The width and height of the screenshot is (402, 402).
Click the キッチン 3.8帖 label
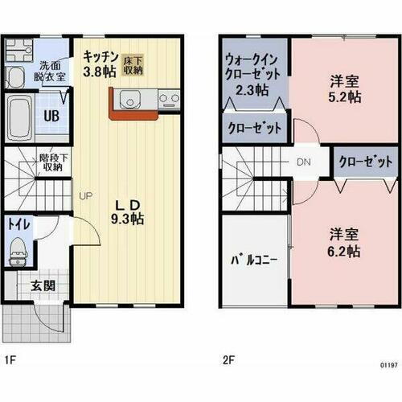[x=100, y=63]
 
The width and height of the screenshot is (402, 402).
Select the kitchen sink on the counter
[x=129, y=100]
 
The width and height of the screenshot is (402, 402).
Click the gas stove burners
[x=169, y=100]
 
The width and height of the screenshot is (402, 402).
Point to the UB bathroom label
[x=51, y=116]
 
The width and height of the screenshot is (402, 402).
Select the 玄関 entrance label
[x=43, y=285]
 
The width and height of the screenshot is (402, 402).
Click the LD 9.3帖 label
[x=127, y=211]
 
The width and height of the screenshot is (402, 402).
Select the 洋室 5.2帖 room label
[x=343, y=88]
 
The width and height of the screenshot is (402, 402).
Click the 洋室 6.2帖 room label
[x=343, y=242]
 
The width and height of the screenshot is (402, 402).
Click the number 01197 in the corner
[x=388, y=364]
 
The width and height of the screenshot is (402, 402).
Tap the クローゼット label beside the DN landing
[x=365, y=162]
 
